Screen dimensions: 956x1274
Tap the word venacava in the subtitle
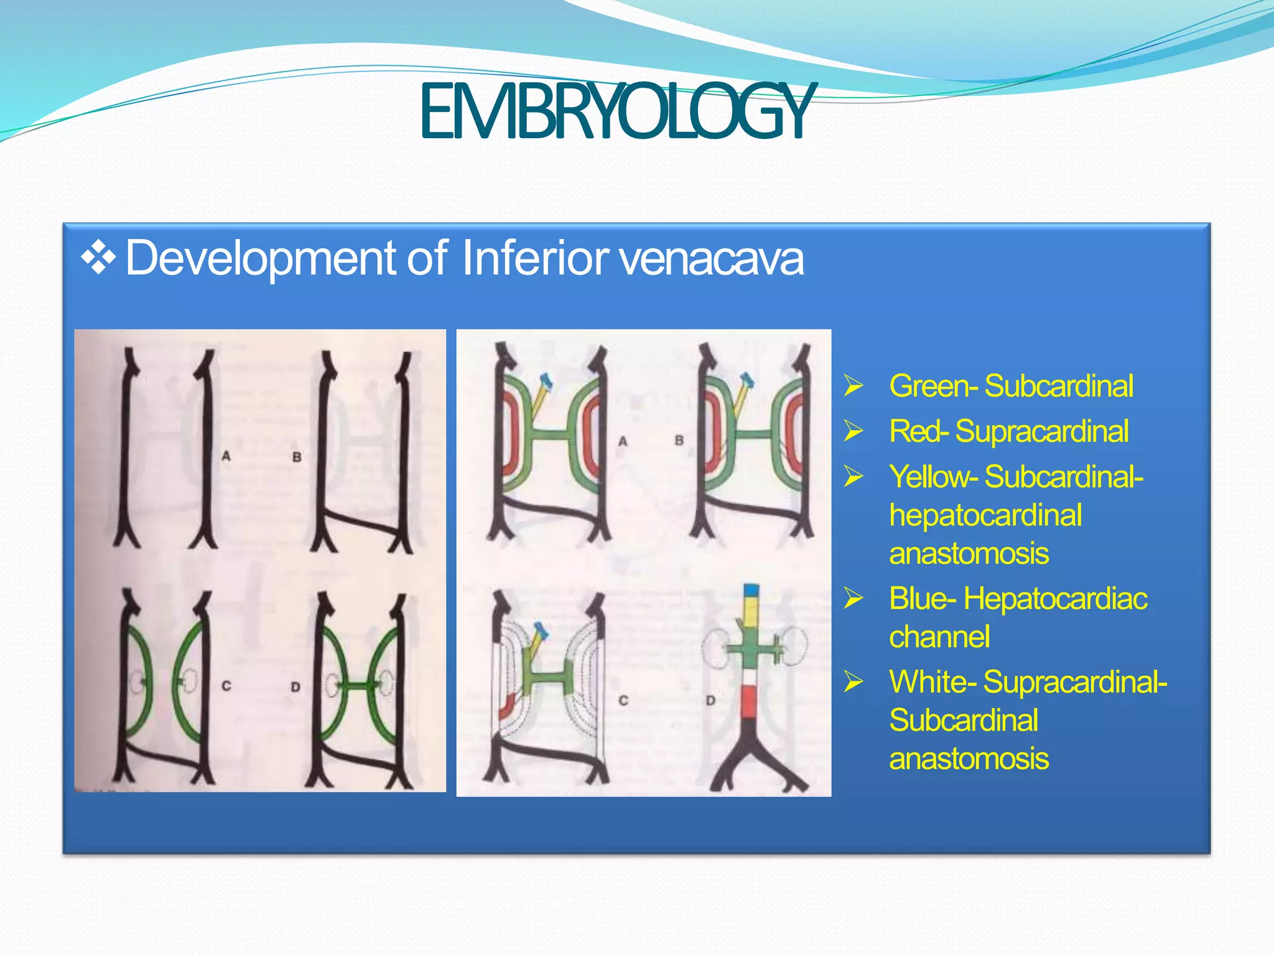pyautogui.click(x=712, y=259)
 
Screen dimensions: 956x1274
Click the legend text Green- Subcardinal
pyautogui.click(x=1011, y=386)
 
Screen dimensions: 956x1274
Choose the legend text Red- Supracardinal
pyautogui.click(x=1008, y=431)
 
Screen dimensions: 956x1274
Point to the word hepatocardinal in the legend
pyautogui.click(x=985, y=515)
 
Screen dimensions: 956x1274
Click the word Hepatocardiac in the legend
pyautogui.click(x=1055, y=599)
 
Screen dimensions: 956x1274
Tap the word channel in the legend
pyautogui.click(x=939, y=637)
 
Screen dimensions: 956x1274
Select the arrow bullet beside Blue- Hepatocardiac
pyautogui.click(x=853, y=599)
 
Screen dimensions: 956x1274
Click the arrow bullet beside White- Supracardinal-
pyautogui.click(x=853, y=682)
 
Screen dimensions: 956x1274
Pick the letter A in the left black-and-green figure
pyautogui.click(x=226, y=456)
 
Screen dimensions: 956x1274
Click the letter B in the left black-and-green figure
pyautogui.click(x=297, y=457)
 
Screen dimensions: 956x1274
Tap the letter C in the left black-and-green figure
pyautogui.click(x=226, y=686)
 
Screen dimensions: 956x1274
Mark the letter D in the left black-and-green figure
pyautogui.click(x=295, y=687)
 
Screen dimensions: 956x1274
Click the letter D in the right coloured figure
pyautogui.click(x=710, y=701)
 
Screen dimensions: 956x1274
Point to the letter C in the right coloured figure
pyautogui.click(x=623, y=701)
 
